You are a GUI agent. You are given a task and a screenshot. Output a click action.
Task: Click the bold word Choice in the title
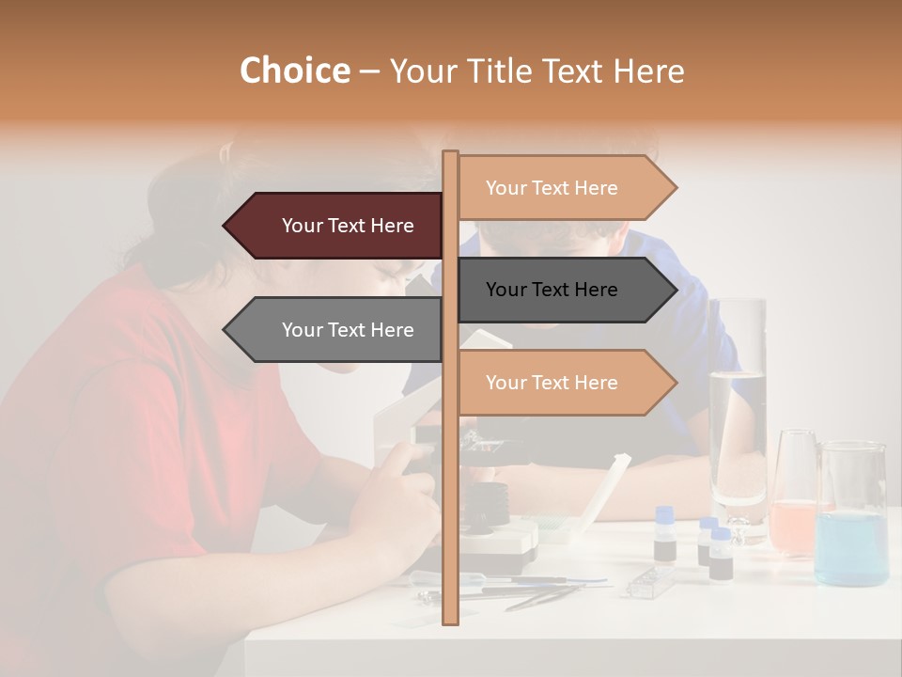294,71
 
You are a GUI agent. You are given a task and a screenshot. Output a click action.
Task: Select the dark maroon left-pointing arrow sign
334,226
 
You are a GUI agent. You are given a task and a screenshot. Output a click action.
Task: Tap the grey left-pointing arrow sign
334,330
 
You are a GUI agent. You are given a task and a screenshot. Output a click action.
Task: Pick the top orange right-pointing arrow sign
564,188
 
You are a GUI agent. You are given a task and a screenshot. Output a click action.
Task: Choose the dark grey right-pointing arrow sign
564,290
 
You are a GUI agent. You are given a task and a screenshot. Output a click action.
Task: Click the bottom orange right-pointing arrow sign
564,383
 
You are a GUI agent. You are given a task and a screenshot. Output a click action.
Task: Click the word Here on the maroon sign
393,226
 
